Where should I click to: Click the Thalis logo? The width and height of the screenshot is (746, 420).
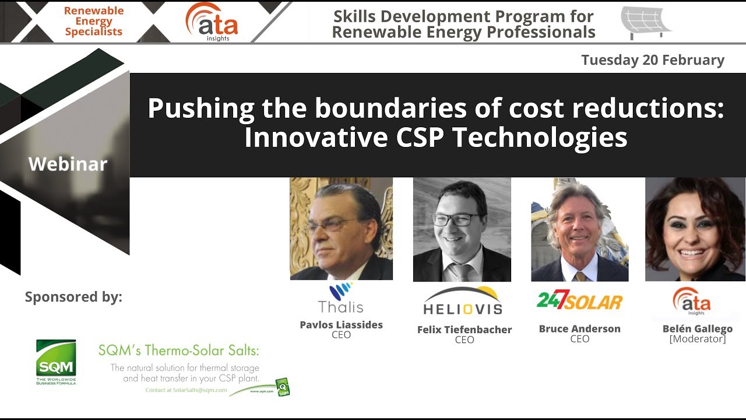[x=341, y=298]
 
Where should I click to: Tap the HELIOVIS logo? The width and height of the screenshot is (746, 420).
[x=463, y=302]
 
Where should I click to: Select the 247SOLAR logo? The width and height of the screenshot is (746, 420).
[x=579, y=301]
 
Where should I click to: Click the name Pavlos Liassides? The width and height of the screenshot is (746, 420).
[x=341, y=325]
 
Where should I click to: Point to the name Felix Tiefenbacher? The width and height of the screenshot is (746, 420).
[x=465, y=330]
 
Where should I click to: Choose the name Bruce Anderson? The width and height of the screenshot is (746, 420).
[x=579, y=329]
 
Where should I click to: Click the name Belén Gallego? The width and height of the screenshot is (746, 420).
[x=697, y=329]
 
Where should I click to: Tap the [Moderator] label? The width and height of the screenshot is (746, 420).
[x=697, y=339]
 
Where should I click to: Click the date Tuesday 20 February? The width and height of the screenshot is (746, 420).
[x=653, y=60]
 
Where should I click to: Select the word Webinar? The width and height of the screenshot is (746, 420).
[x=68, y=164]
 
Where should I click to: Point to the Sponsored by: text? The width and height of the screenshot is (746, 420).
[x=73, y=297]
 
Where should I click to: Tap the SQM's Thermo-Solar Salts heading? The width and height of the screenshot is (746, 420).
[x=178, y=350]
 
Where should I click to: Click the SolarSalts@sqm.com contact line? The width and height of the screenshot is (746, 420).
[x=186, y=390]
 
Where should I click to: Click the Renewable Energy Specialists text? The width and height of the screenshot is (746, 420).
[x=93, y=22]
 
